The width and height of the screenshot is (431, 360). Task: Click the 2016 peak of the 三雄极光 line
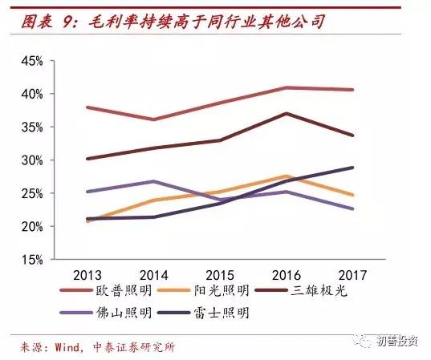pyautogui.click(x=287, y=113)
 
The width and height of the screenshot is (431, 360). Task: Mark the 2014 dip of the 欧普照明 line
pyautogui.click(x=153, y=119)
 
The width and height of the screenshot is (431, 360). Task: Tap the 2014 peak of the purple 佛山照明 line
pyautogui.click(x=153, y=181)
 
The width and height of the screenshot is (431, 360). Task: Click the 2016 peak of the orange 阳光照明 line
pyautogui.click(x=287, y=176)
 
